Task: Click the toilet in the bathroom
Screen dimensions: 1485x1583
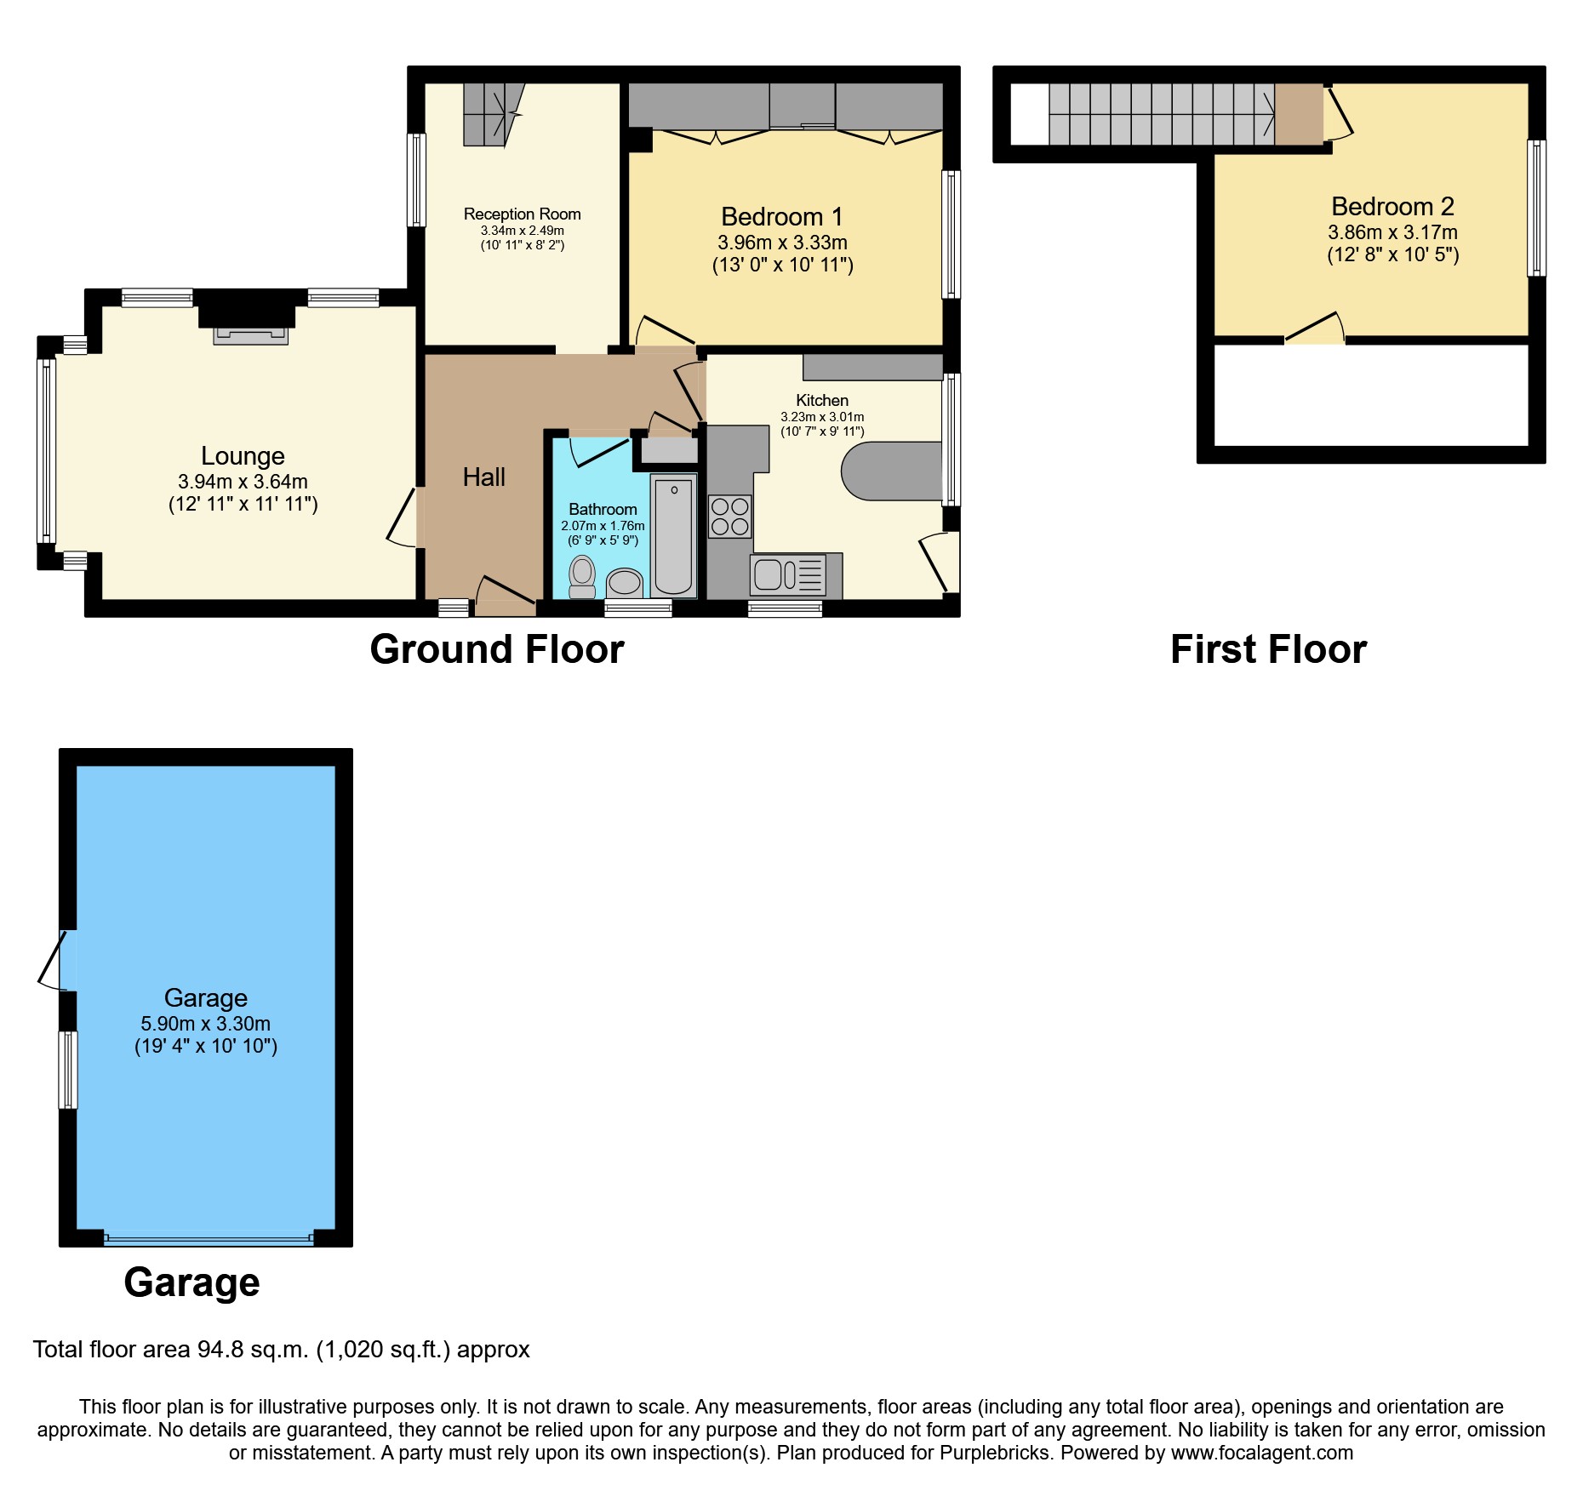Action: tap(582, 577)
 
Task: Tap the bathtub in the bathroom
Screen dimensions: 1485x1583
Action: tap(673, 536)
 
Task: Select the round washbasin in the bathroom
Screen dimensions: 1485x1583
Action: tap(626, 583)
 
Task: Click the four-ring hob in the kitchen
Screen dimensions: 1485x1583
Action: tap(730, 517)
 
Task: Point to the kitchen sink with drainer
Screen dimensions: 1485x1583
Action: tap(788, 574)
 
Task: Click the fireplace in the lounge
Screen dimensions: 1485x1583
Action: tap(250, 334)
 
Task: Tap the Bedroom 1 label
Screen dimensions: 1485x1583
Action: tap(781, 217)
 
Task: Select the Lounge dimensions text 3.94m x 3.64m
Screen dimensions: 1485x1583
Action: tap(243, 482)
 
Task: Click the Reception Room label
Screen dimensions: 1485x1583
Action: tap(522, 214)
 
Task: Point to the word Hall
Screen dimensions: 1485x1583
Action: tap(483, 477)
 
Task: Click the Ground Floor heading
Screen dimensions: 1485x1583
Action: tap(497, 650)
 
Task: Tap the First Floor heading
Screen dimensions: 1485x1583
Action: tap(1268, 650)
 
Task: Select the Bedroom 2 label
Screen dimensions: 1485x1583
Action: tap(1392, 207)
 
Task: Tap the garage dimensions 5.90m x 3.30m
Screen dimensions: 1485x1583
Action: tap(205, 1024)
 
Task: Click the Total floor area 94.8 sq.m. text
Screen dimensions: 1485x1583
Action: tap(281, 1350)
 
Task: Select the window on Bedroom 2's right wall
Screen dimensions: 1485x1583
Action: tap(1536, 208)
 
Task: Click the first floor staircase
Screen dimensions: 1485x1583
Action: tap(1162, 114)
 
